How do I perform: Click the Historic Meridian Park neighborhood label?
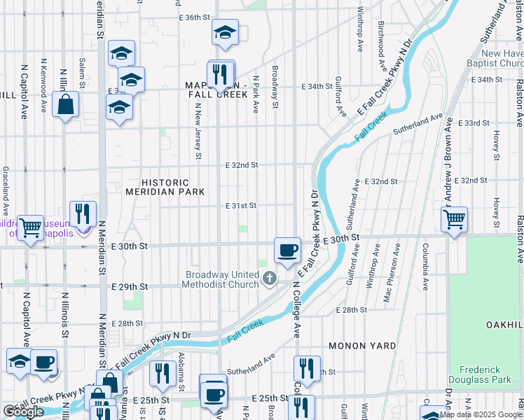165,187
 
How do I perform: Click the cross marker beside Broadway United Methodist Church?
268,280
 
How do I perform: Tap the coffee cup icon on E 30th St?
287,250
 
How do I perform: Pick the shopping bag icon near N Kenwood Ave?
65,105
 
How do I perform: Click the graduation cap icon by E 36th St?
225,32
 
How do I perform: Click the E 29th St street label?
130,287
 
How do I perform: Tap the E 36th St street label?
195,17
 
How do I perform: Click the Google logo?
23,412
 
